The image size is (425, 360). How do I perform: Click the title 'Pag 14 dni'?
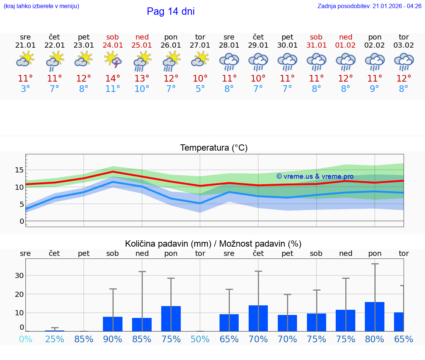[x=170, y=11]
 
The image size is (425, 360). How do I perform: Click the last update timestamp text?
[x=369, y=6]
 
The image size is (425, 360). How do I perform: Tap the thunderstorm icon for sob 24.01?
[x=113, y=60]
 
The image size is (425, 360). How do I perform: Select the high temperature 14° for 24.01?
[x=113, y=79]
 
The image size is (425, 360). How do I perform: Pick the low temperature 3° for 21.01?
[x=25, y=89]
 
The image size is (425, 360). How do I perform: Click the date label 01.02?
[x=346, y=45]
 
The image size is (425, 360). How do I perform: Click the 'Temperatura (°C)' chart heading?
[x=214, y=148]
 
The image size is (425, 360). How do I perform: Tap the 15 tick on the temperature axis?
[x=19, y=170]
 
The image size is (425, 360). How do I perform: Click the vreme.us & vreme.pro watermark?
[x=315, y=176]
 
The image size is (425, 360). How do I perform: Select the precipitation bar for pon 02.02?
[x=374, y=316]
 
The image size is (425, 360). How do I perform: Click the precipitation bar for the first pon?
[x=171, y=319]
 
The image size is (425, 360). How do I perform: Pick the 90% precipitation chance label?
[x=113, y=339]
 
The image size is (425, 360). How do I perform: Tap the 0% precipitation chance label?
[x=25, y=339]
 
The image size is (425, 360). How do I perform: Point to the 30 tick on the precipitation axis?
[x=19, y=275]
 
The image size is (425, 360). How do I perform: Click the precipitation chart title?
[x=213, y=244]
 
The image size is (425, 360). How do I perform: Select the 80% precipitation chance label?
[x=374, y=339]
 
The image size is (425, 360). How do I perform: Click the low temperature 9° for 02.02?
[x=374, y=89]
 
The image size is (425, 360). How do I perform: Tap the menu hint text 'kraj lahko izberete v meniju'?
[x=41, y=6]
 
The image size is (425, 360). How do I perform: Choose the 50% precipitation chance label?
[x=200, y=339]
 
